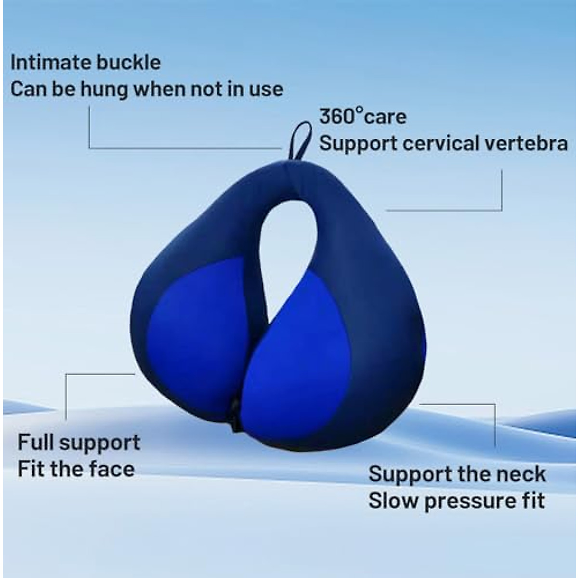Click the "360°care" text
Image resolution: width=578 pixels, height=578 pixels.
[363, 117]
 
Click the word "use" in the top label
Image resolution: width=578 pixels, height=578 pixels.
[267, 90]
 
